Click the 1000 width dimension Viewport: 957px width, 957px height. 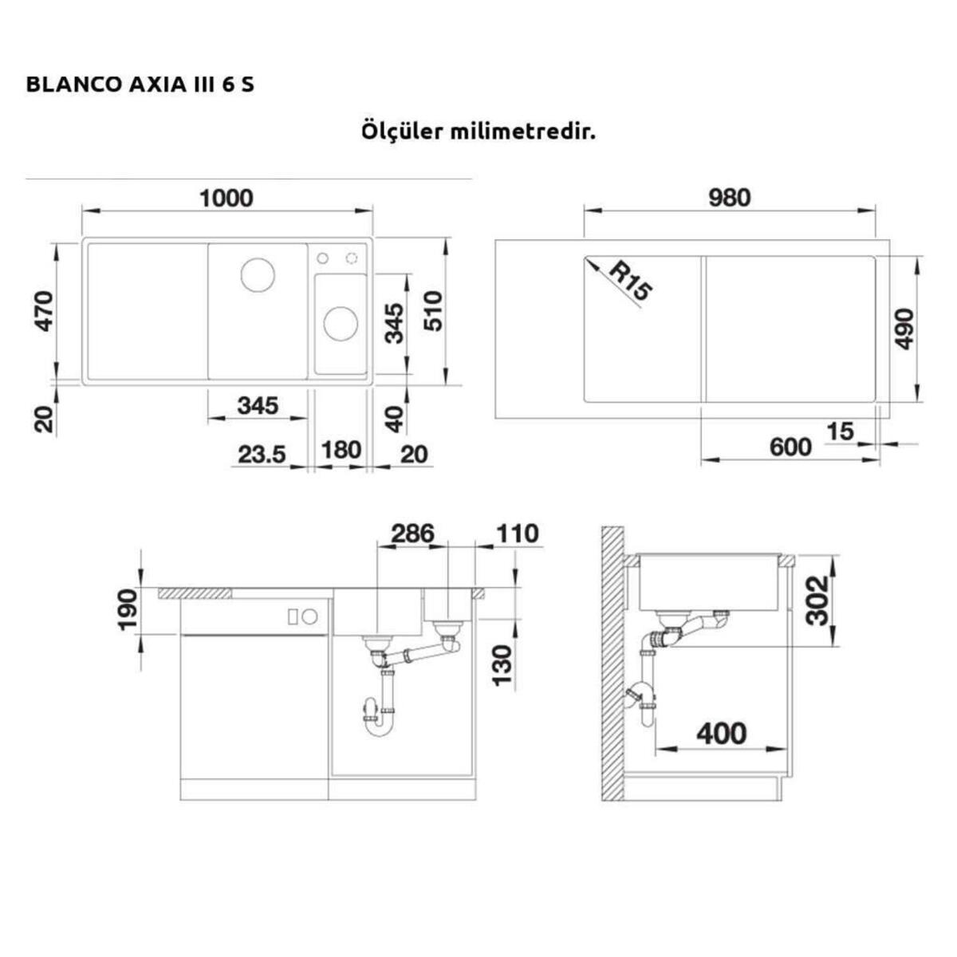[226, 198]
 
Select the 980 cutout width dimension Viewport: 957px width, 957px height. [729, 197]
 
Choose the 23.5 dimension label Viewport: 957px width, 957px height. [262, 454]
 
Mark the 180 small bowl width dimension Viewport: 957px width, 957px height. [341, 451]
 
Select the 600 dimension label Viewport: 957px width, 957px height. [790, 447]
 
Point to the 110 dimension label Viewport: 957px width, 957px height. [517, 533]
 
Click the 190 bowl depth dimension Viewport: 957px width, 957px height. [128, 609]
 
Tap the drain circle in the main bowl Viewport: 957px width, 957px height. [258, 275]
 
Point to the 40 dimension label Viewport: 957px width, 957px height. [396, 418]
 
